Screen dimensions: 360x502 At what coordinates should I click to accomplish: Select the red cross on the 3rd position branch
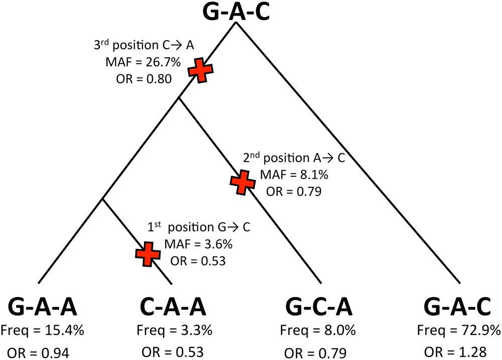200,70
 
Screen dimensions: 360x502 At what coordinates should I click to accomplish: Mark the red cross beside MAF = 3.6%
148,254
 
